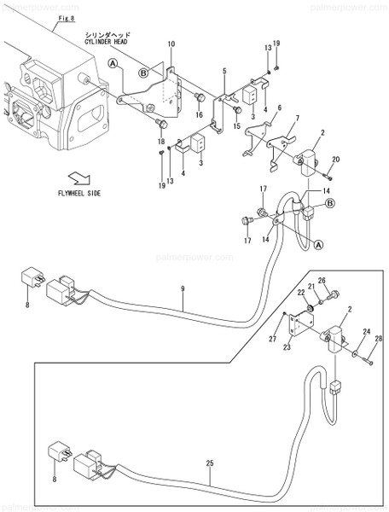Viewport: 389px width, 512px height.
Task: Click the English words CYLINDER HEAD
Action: click(108, 40)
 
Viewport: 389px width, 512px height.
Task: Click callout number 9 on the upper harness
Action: click(182, 289)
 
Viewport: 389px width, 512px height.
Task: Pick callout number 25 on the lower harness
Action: click(210, 463)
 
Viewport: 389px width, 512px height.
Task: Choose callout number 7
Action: click(296, 118)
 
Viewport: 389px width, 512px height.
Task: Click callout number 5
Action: click(224, 71)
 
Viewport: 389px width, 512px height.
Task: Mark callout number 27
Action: click(275, 339)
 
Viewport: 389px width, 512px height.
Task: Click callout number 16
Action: click(199, 113)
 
